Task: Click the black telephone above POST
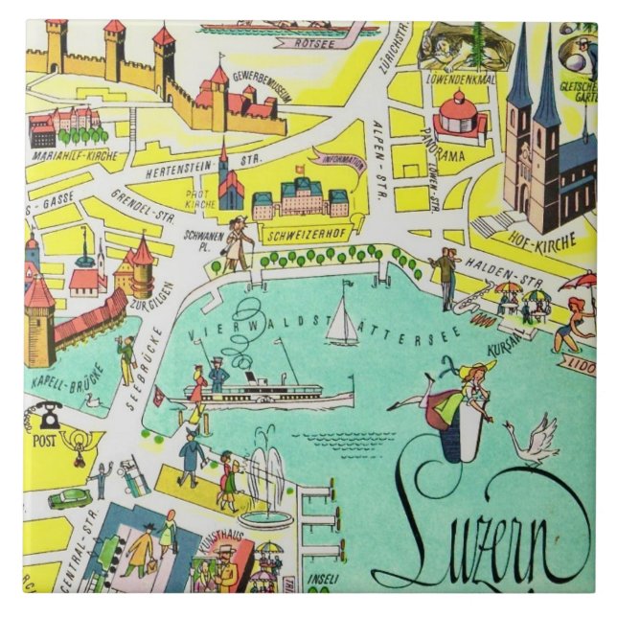[48, 415]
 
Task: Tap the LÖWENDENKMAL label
[468, 80]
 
